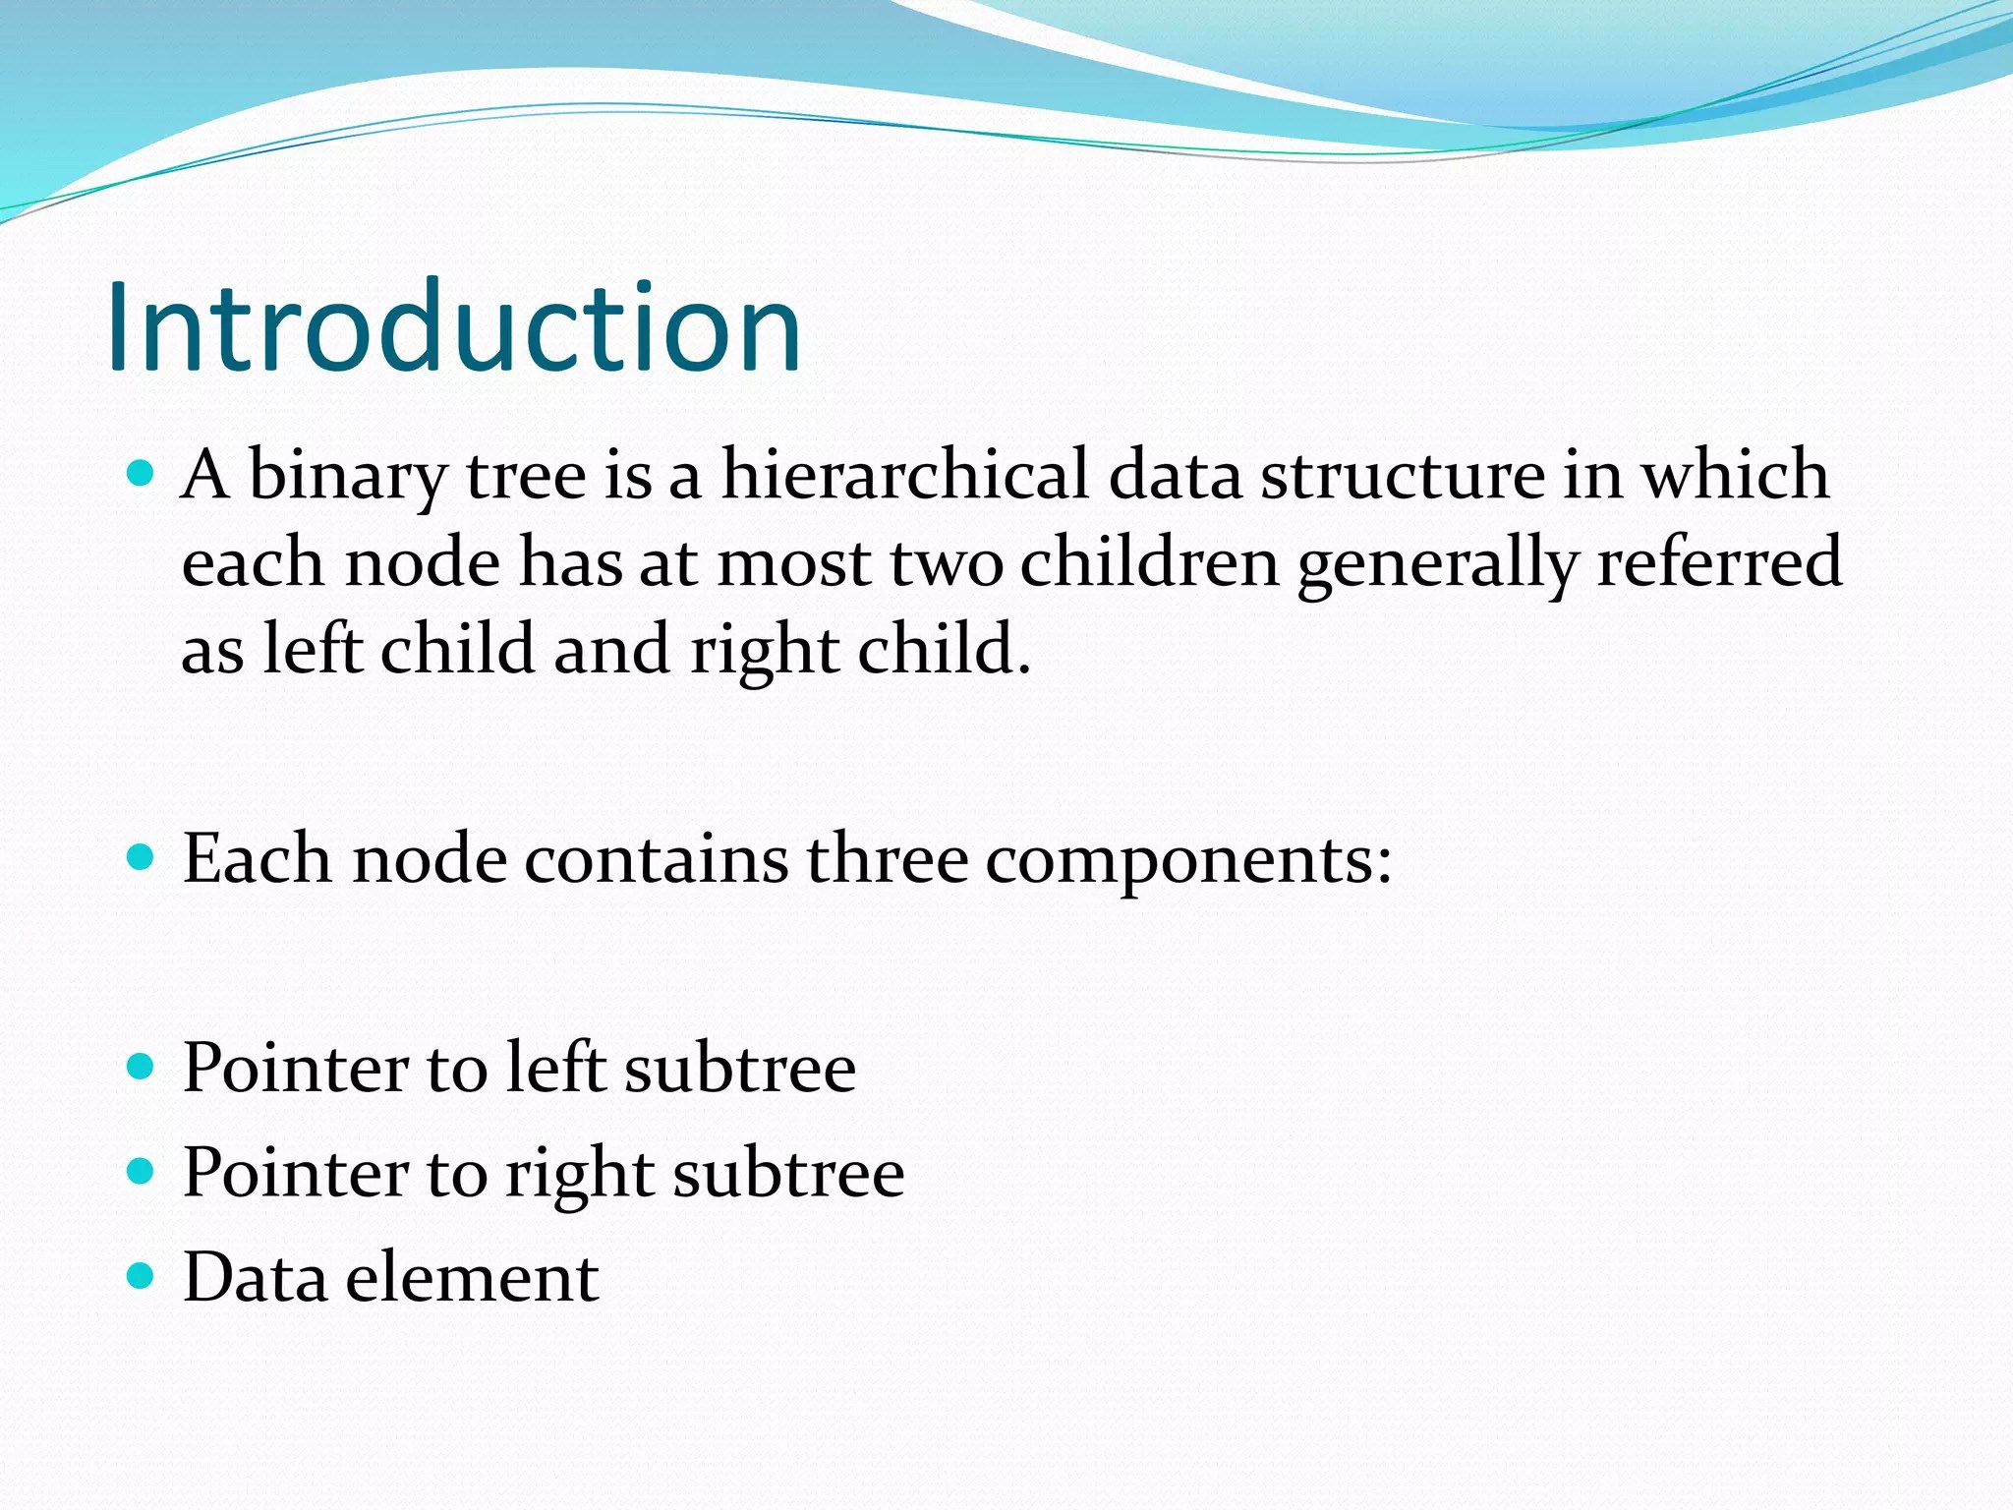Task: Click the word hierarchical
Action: coord(905,474)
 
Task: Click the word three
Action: coord(888,857)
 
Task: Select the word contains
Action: coord(656,857)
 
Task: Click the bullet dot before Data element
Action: coord(142,1275)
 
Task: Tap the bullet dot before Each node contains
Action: coord(142,857)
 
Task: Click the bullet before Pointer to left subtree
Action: coord(142,1066)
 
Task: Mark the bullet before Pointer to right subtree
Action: coord(142,1171)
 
